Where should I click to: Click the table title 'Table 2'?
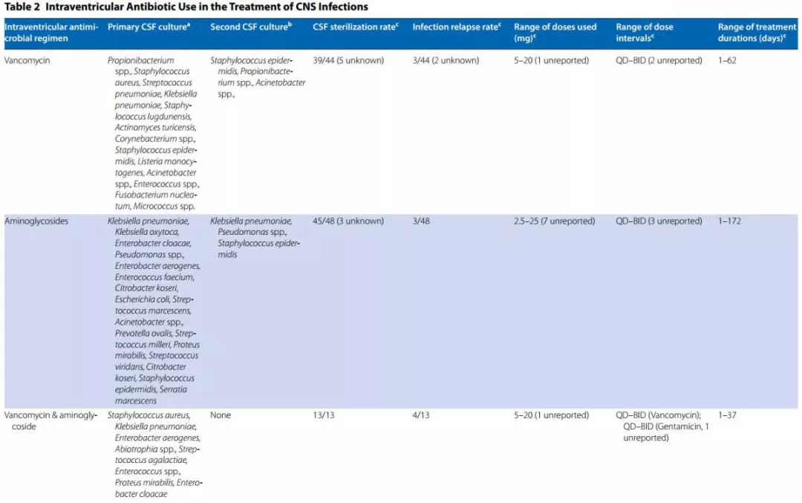point(22,7)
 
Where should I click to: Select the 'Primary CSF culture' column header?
point(149,27)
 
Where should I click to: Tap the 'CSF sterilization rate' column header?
point(356,27)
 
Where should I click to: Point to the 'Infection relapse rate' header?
point(457,27)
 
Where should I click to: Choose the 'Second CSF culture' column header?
point(251,27)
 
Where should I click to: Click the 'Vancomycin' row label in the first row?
point(27,60)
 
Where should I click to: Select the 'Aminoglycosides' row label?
point(36,221)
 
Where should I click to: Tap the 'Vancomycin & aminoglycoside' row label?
point(50,421)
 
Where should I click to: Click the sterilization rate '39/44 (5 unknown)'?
point(348,60)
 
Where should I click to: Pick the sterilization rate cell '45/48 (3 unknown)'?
point(348,221)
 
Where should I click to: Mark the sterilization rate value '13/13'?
point(324,415)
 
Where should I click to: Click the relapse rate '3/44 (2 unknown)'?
point(446,60)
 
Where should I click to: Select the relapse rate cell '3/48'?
point(421,221)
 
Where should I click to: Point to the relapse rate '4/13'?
point(421,415)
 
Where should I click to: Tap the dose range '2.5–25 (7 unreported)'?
point(555,221)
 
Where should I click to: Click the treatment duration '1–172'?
point(729,221)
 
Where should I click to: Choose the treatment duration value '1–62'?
point(727,60)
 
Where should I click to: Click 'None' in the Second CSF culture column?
point(221,415)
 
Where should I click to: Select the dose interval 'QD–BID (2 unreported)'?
point(659,60)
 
